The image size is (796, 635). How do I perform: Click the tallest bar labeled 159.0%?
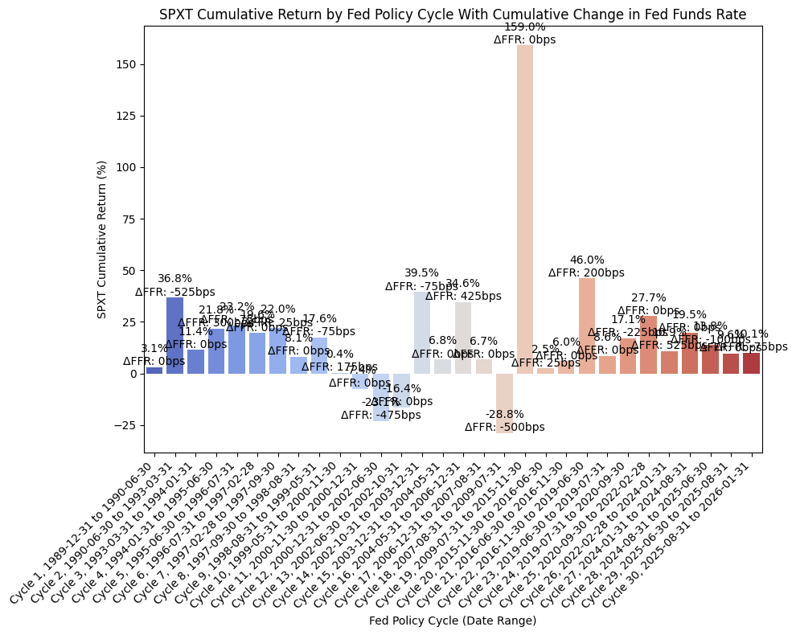click(525, 209)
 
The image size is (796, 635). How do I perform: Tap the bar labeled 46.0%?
click(587, 326)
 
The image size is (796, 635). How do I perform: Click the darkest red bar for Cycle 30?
click(752, 363)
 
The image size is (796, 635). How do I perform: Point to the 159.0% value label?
click(525, 27)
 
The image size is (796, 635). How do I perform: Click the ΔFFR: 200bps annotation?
click(587, 273)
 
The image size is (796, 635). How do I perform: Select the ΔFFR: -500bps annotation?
click(504, 428)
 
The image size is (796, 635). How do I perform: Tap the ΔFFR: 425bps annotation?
click(463, 296)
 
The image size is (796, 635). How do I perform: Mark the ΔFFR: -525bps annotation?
click(174, 293)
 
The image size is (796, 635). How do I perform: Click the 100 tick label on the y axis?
click(129, 167)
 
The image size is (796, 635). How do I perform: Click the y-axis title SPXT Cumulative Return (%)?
click(103, 239)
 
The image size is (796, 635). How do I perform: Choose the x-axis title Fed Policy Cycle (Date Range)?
click(453, 621)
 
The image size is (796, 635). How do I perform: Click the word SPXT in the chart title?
click(175, 14)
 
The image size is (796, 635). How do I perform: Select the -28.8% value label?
click(504, 414)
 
